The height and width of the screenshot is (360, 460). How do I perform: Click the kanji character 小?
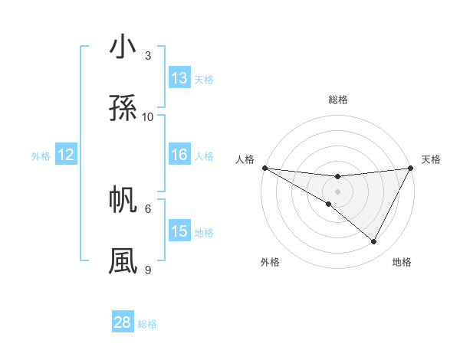[123, 47]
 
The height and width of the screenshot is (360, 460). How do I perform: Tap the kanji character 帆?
[123, 200]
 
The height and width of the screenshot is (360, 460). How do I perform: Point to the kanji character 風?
[123, 261]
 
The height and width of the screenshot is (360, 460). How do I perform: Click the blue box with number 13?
[179, 78]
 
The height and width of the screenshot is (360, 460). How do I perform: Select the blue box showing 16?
[179, 155]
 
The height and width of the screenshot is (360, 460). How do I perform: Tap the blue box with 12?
[66, 155]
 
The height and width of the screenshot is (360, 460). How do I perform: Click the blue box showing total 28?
[123, 322]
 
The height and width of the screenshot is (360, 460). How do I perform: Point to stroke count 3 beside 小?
[148, 56]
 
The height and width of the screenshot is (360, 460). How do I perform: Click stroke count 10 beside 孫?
[148, 116]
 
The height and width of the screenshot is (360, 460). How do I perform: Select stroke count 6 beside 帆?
[148, 208]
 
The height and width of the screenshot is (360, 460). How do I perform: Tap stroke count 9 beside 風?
[148, 270]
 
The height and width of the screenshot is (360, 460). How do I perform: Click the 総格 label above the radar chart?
[338, 100]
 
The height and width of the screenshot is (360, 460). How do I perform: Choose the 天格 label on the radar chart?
[431, 159]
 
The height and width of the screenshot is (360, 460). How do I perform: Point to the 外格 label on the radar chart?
[270, 262]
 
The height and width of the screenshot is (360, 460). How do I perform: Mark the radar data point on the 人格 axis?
[264, 168]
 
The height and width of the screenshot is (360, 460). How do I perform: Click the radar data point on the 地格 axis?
[374, 242]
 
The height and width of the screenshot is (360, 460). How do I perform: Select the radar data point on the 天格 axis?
[411, 168]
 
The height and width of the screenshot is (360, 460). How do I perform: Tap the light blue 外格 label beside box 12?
[41, 156]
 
